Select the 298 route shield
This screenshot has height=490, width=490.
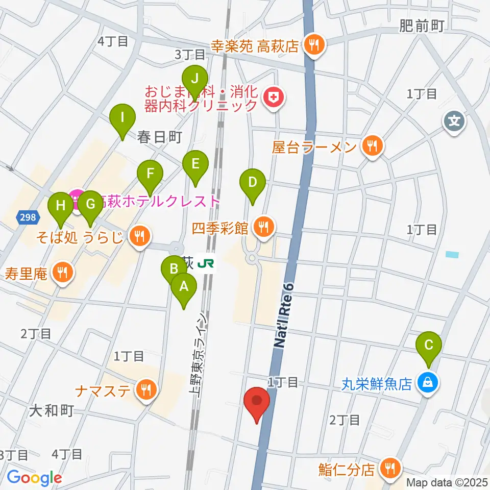[x=29, y=217]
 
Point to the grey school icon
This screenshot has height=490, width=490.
[x=454, y=121]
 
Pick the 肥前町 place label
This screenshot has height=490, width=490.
[x=423, y=26]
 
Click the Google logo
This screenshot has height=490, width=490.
[x=34, y=477]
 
